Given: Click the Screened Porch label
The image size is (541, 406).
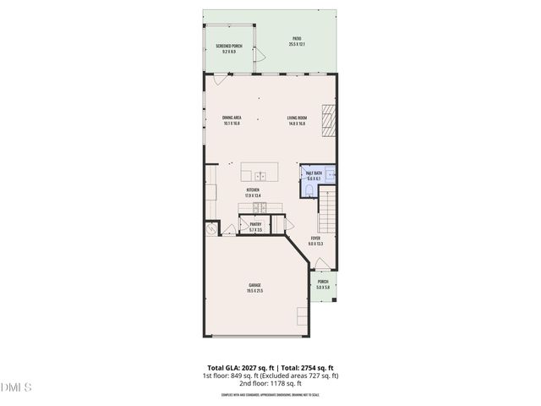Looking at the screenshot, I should pos(228,48).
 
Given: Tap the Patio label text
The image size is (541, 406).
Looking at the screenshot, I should pos(297,41).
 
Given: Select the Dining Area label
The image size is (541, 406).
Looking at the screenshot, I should pos(232,120).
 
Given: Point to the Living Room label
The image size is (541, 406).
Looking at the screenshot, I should pos(296,120).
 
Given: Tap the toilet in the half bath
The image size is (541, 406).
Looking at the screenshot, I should pos(308,189).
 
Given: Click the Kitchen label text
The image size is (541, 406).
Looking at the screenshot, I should pos(253,192).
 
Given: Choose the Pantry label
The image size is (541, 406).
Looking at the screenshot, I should pos(255,227).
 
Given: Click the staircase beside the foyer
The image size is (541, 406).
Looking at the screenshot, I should pos(327,212).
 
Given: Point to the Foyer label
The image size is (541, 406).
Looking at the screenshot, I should pos(315,241).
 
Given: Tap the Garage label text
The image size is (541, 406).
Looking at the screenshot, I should pos(254,288).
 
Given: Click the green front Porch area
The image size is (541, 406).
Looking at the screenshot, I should pos(323,286).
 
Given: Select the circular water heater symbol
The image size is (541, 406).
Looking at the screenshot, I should pos(210,229).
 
